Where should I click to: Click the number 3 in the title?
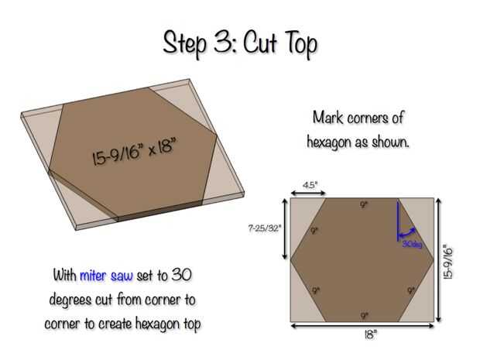coord(223,42)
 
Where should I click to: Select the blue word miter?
coord(93,276)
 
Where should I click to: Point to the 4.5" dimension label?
coord(310,185)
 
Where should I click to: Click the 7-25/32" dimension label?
coord(264,228)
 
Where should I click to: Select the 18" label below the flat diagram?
coord(370,335)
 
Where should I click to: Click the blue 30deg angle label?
coord(412,244)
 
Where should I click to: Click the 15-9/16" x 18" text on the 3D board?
coord(135,151)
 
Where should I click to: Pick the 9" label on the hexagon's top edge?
coord(363,204)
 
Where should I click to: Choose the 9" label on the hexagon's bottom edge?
coord(364,315)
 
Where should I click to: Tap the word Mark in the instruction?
coord(327,117)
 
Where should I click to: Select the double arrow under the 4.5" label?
coord(308,193)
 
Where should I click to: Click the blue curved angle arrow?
coord(406,233)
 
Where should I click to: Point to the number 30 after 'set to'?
coord(181,275)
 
